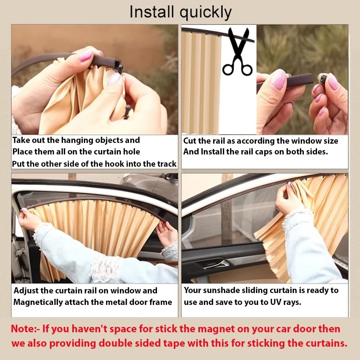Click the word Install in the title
(x=152, y=12)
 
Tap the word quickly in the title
(x=206, y=13)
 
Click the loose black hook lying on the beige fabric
(x=127, y=112)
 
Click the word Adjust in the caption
(x=26, y=291)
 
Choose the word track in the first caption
(x=167, y=164)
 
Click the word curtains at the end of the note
(x=326, y=343)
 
